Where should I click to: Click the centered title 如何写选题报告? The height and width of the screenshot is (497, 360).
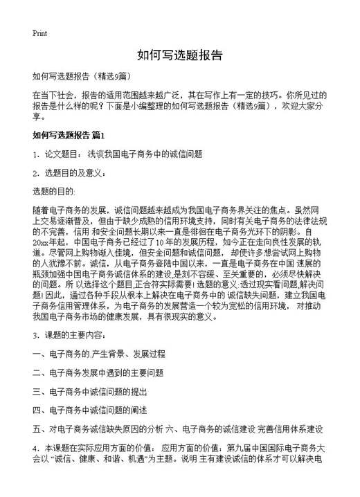pyautogui.click(x=179, y=55)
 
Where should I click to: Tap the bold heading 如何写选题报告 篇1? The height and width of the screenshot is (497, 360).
pyautogui.click(x=73, y=134)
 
